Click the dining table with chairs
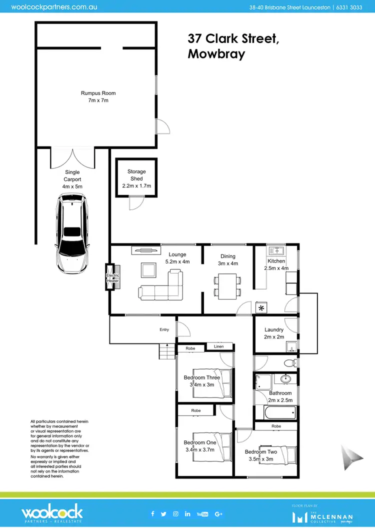click(227, 285)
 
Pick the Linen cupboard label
click(219, 346)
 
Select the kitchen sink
click(276, 251)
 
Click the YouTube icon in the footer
click(202, 513)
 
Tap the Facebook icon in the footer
click(152, 513)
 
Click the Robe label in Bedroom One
click(196, 410)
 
